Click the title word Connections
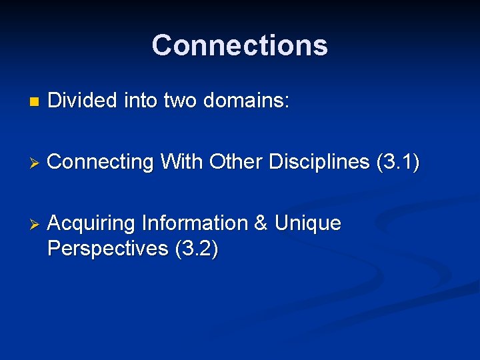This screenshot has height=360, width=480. [239, 46]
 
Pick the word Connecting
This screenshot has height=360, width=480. [101, 162]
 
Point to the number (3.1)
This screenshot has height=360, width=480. [398, 161]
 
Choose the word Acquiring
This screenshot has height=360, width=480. [93, 223]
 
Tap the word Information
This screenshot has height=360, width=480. [195, 223]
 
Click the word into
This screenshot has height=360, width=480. [141, 101]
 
